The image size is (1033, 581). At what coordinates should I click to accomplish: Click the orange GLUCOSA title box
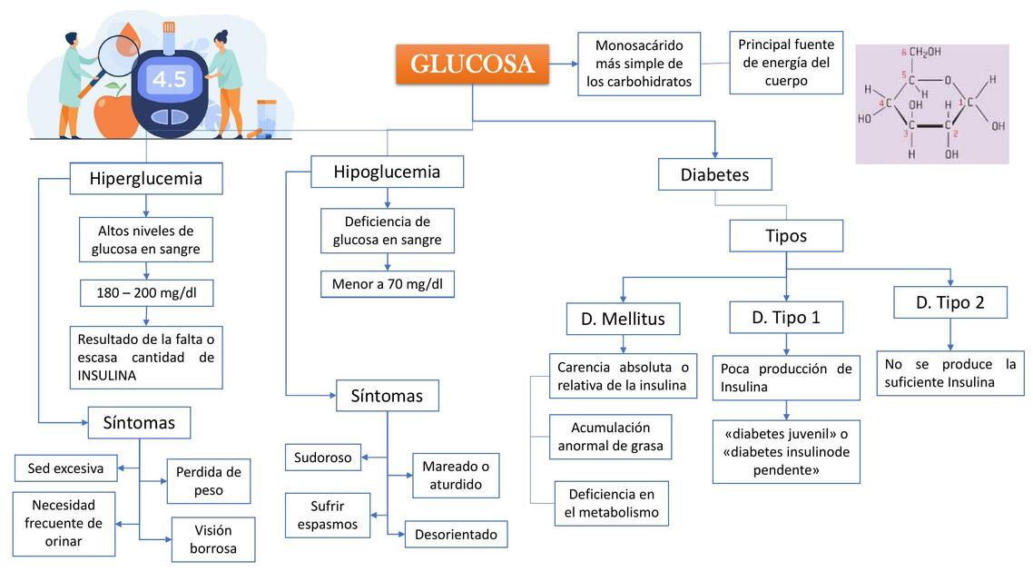pos(472,64)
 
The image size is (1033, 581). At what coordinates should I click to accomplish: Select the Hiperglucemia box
pos(146,178)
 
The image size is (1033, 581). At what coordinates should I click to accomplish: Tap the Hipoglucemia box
pos(387,172)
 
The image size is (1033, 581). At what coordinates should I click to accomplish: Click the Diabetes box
pos(714,174)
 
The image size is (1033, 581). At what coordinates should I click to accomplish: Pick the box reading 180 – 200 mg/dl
pos(146,293)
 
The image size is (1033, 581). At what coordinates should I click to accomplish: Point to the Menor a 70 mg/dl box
pos(388,284)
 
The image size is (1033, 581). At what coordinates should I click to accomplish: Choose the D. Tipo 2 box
pos(949,302)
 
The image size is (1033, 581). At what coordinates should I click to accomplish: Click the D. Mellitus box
pos(623,319)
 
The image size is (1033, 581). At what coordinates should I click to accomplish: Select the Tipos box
pos(786,236)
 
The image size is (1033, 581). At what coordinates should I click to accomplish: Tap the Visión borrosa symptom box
pos(212,539)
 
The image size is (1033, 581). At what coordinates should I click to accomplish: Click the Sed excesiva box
pos(66,468)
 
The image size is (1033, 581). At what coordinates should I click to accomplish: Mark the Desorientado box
pos(456,535)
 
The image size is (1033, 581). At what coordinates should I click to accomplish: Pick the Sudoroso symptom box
pos(323,458)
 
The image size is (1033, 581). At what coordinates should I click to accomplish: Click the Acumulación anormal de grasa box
pos(610,437)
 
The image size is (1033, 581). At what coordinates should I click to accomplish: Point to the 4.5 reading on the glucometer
pos(169,80)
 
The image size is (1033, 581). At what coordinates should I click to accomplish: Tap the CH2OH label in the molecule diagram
pos(926,52)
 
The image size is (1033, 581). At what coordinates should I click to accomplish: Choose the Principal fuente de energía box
pos(785,63)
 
